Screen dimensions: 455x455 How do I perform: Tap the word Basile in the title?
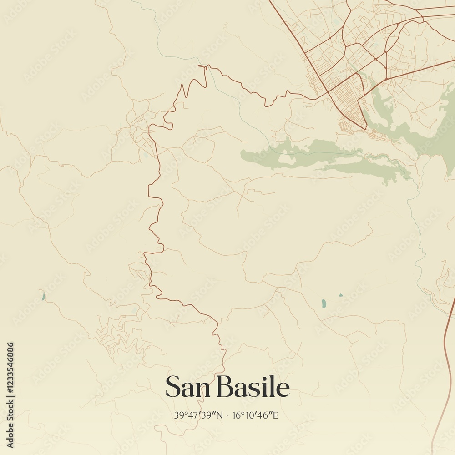tap(253, 388)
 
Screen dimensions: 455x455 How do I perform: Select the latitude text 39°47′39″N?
tap(198, 415)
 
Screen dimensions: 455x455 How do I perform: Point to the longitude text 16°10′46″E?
tap(255, 415)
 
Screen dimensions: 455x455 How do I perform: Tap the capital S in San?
tap(172, 388)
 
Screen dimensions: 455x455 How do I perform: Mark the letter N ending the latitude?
tap(220, 415)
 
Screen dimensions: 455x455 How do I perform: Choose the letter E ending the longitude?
tap(275, 415)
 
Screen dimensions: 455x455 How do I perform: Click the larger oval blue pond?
tap(324, 303)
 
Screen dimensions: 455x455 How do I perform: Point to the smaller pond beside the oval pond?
tap(341, 295)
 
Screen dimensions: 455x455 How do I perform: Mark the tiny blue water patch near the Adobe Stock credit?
tap(43, 297)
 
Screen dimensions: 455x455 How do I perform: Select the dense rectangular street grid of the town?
tap(348, 98)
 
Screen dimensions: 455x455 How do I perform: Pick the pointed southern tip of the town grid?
tap(365, 127)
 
